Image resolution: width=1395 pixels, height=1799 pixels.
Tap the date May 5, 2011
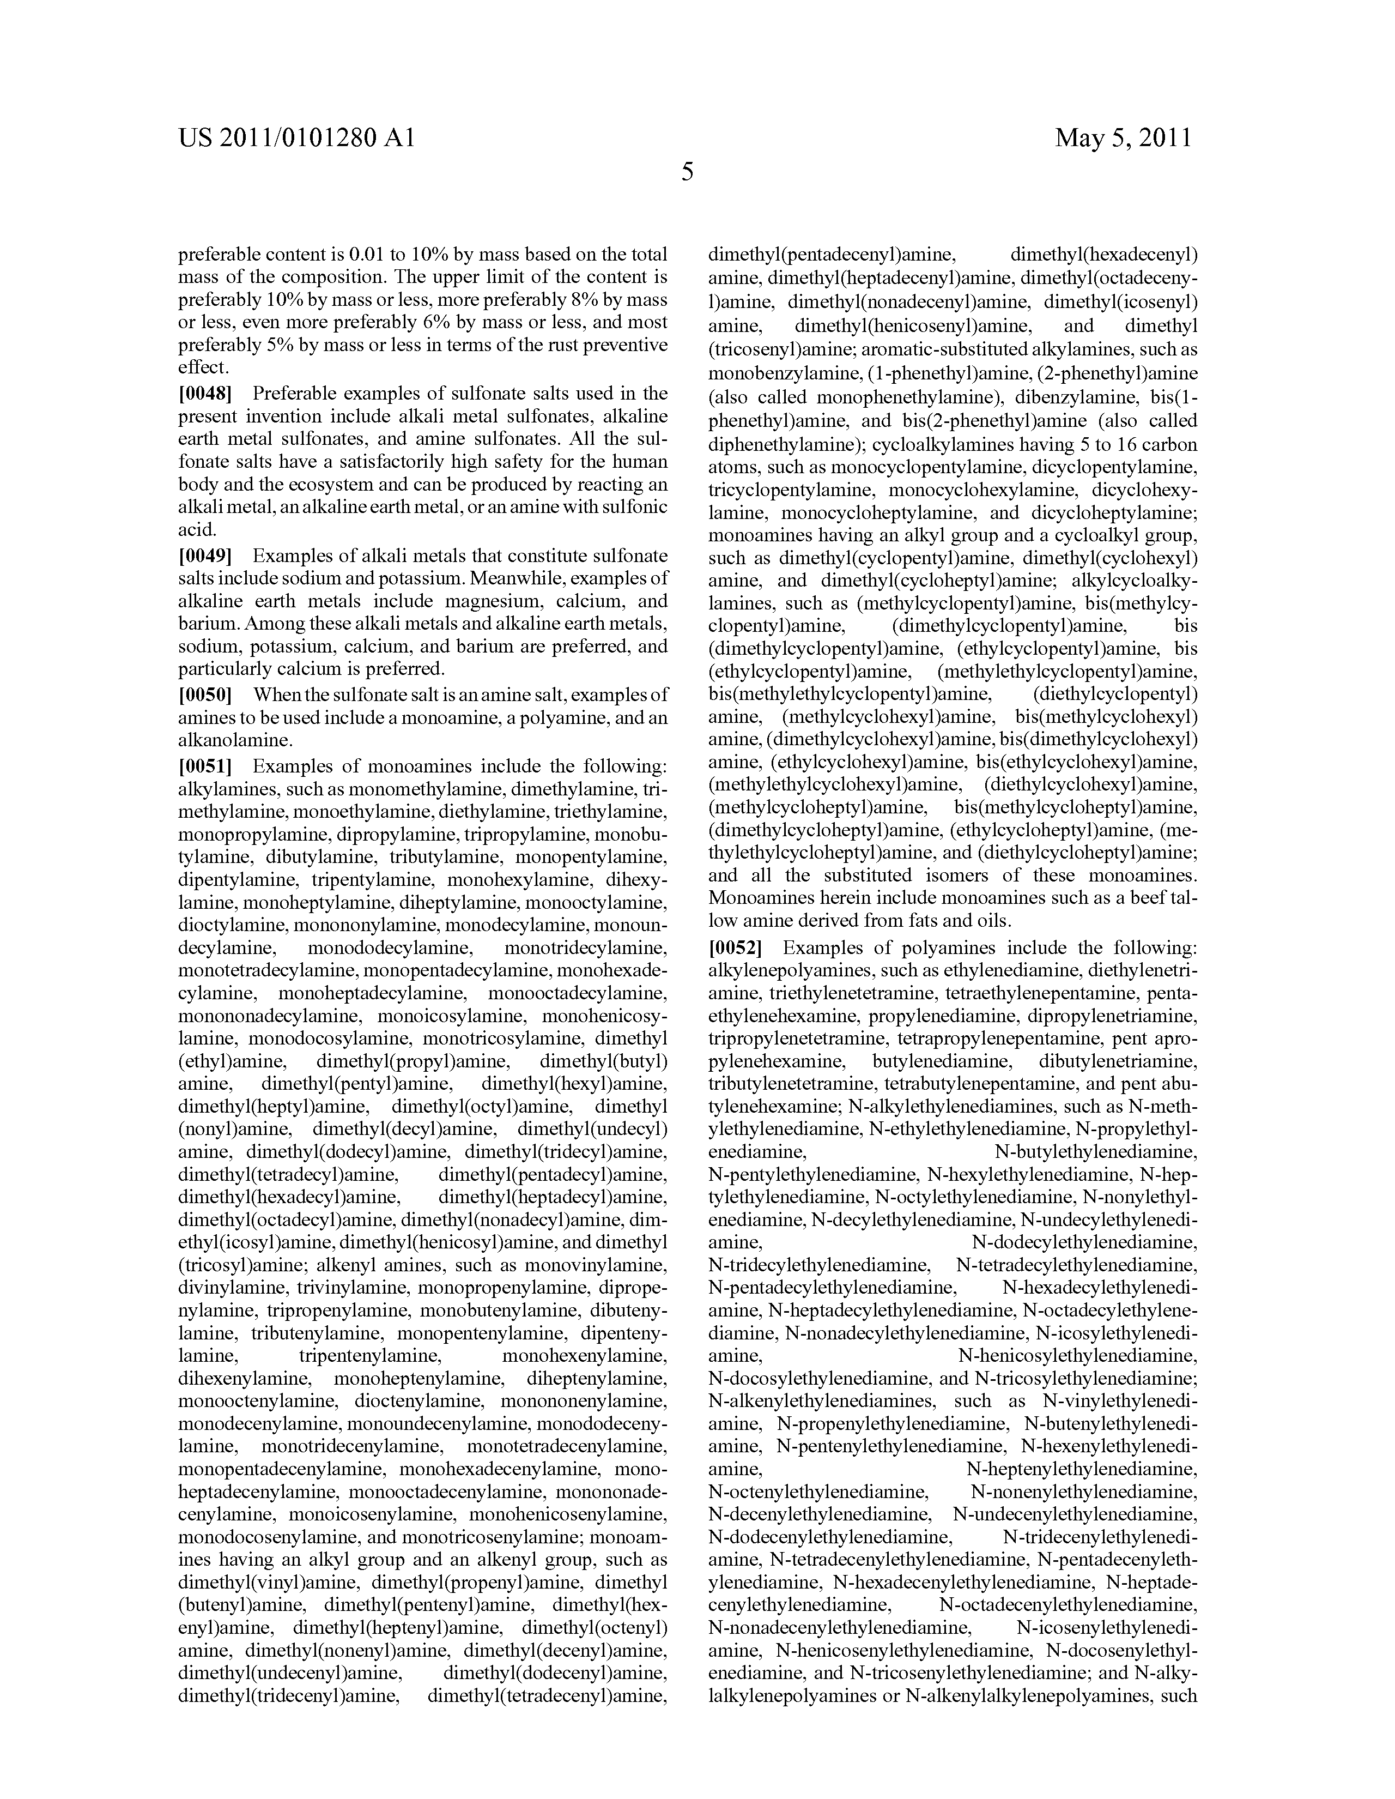click(x=1123, y=137)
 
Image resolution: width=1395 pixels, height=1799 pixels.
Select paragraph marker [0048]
click(x=205, y=393)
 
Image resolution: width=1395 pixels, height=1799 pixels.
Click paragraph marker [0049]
click(x=205, y=556)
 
